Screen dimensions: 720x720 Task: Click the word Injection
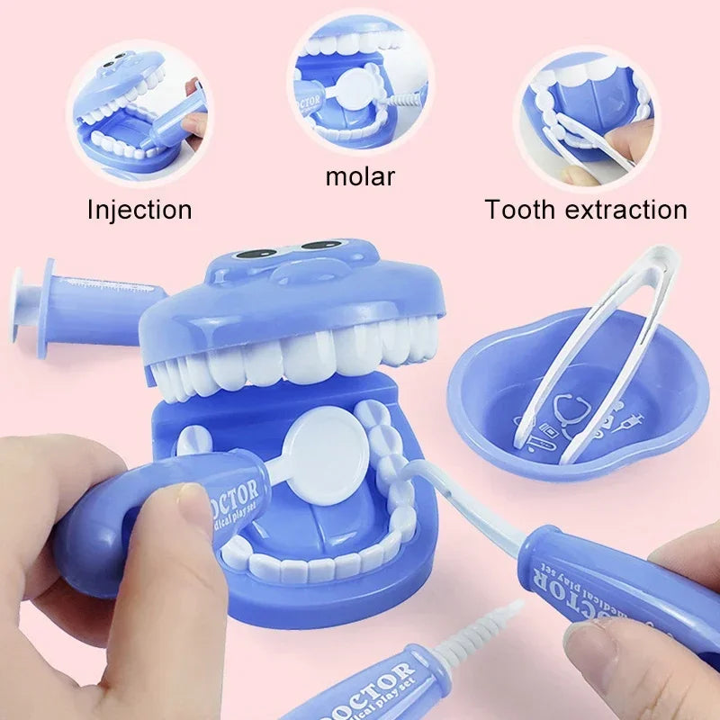click(139, 210)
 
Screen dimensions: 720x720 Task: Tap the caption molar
click(360, 175)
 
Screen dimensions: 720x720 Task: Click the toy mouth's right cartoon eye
click(322, 244)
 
